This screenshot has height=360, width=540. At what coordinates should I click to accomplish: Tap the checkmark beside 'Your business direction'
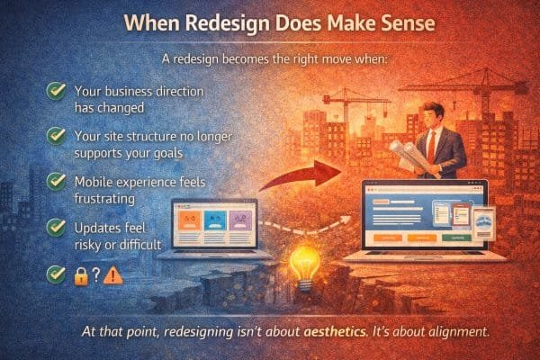point(56,91)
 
